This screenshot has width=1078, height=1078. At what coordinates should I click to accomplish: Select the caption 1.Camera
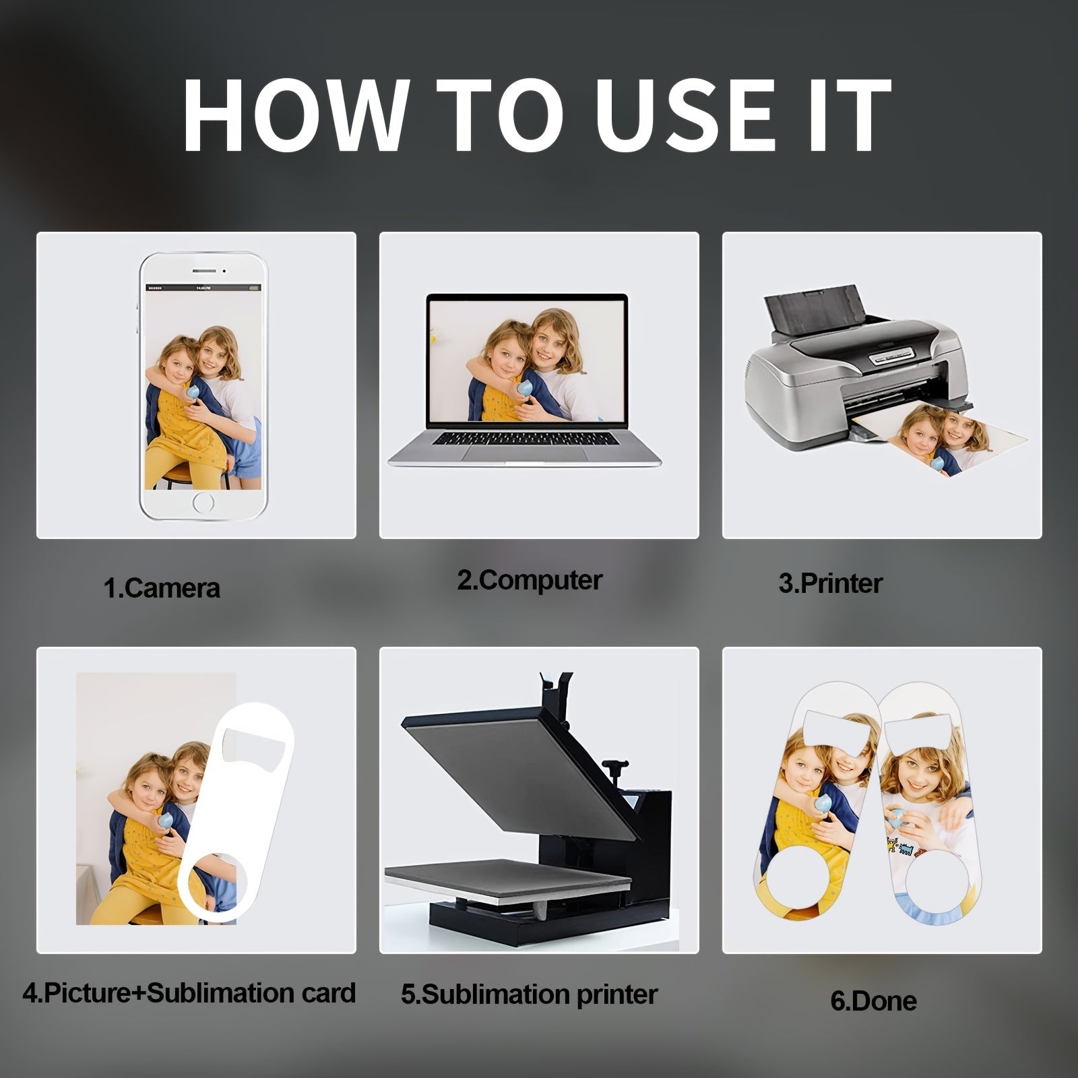click(162, 588)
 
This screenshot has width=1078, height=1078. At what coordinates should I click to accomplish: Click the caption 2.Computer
click(530, 580)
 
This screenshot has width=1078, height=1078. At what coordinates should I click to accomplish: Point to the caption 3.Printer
click(831, 583)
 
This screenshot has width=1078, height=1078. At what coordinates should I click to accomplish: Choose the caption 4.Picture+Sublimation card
click(189, 992)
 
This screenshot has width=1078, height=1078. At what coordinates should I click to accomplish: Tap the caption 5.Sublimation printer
click(529, 994)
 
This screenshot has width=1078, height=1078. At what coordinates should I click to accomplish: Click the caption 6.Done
click(874, 1001)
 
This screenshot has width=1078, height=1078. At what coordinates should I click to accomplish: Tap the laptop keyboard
click(526, 438)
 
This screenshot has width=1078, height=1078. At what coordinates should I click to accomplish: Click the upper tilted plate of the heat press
click(518, 768)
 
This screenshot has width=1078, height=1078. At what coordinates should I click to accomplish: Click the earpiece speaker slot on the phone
click(204, 271)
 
